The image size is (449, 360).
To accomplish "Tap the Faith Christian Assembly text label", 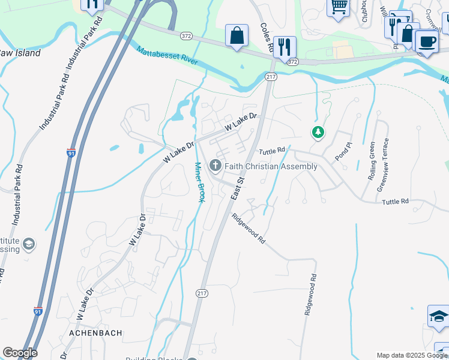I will click(271, 166).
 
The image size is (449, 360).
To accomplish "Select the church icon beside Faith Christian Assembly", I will click(215, 166).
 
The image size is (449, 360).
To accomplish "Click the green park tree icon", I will click(317, 132).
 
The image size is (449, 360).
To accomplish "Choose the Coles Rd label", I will click(267, 37).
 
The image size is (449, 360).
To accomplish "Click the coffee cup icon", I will click(426, 42).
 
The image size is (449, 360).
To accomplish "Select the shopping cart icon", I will click(339, 7).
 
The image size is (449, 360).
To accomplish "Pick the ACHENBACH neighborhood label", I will click(96, 332).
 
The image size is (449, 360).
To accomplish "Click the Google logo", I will click(20, 353).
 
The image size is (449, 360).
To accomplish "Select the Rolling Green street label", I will click(372, 161).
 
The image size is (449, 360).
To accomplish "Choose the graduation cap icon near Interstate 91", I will click(28, 244).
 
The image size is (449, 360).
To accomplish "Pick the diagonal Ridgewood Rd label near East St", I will click(249, 229).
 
